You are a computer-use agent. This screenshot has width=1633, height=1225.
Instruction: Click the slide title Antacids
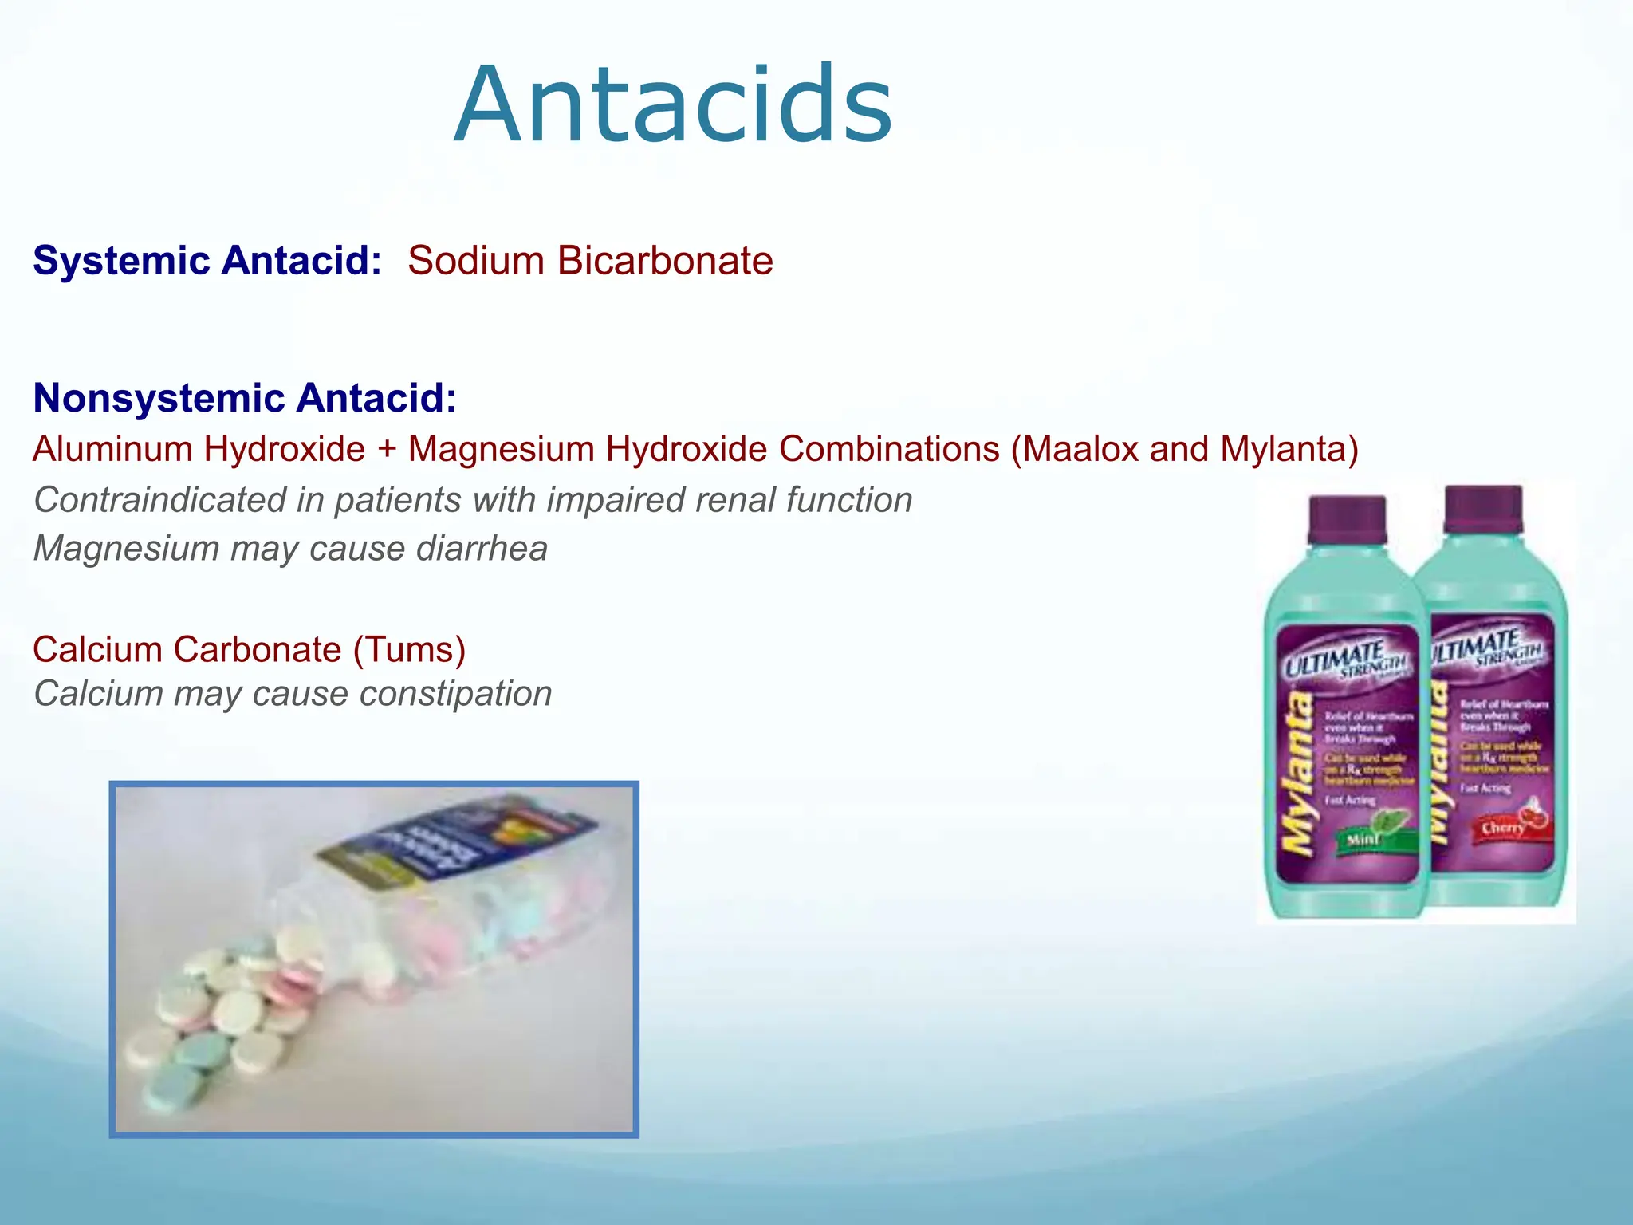pos(674,105)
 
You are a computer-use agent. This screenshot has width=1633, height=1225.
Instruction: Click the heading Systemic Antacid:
pos(207,261)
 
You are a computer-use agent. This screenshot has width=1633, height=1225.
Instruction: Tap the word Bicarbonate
pos(665,261)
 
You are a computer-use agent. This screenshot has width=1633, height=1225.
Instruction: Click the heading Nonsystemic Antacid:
pos(245,398)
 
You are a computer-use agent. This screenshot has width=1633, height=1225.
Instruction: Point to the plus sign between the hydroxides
pos(387,450)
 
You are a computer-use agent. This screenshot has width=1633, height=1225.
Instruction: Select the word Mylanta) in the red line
pos(1289,449)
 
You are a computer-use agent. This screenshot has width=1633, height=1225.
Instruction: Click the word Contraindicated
pos(159,500)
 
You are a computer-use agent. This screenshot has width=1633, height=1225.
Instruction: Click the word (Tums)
pos(409,649)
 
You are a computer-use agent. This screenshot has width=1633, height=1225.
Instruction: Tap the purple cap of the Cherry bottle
pos(1483,510)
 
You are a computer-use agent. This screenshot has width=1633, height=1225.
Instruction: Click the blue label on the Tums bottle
pos(462,845)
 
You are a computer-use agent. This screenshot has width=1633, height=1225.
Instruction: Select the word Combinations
pos(889,449)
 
